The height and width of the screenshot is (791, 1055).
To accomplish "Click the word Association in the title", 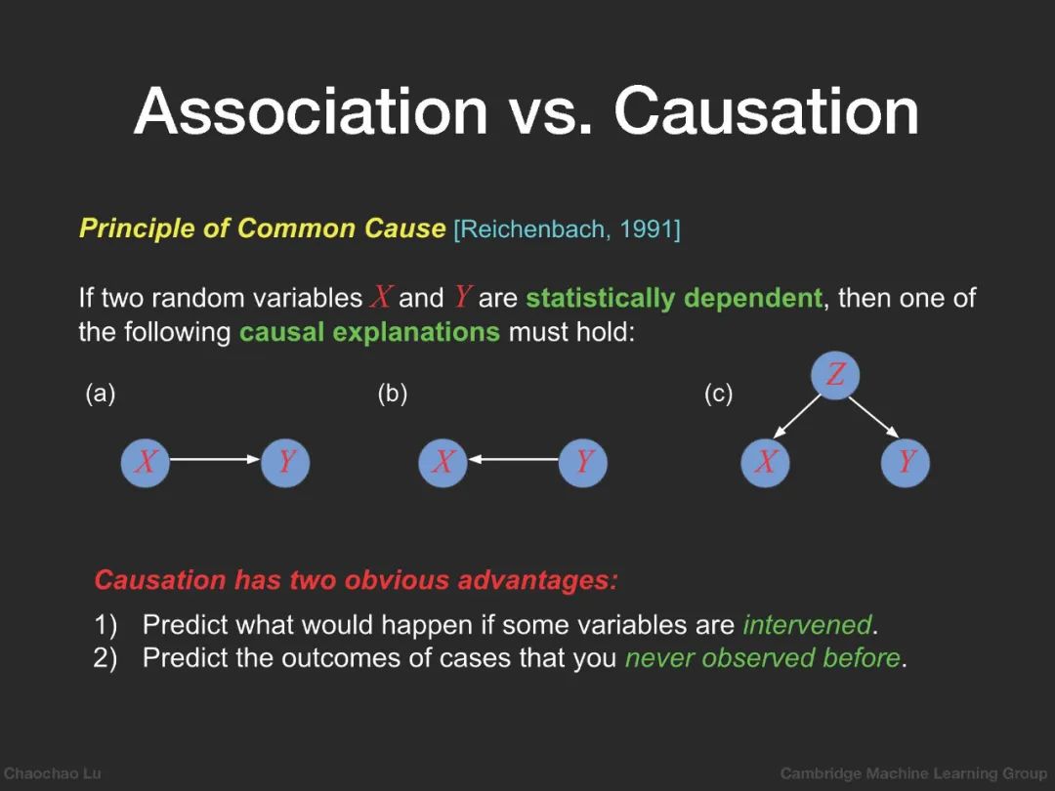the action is pyautogui.click(x=312, y=111).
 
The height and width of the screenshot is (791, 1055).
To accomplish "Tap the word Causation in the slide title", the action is pyautogui.click(x=767, y=111).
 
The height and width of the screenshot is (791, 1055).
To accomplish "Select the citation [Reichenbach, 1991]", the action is pyautogui.click(x=568, y=229).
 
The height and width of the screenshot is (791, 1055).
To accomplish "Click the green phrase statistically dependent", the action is pyautogui.click(x=673, y=298).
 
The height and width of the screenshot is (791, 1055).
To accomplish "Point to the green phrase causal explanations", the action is pyautogui.click(x=369, y=332).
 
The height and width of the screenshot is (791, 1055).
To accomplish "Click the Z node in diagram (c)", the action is pyautogui.click(x=835, y=375).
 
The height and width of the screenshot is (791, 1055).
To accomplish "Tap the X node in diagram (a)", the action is pyautogui.click(x=146, y=462).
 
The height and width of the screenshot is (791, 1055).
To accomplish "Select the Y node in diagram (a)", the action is pyautogui.click(x=285, y=462).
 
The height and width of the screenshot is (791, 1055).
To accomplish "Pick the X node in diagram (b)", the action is pyautogui.click(x=443, y=462).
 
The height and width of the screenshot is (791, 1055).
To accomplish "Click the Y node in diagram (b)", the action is pyautogui.click(x=582, y=462).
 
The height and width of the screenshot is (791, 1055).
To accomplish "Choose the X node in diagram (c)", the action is pyautogui.click(x=765, y=462).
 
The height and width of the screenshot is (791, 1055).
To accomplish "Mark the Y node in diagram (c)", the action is pyautogui.click(x=905, y=462).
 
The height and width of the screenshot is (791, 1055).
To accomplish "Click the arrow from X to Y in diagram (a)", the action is pyautogui.click(x=215, y=459).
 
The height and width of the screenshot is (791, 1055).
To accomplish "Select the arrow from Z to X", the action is pyautogui.click(x=797, y=416).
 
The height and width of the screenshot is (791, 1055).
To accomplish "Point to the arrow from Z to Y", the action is pyautogui.click(x=873, y=417).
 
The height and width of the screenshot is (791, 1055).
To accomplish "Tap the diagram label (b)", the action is pyautogui.click(x=393, y=394).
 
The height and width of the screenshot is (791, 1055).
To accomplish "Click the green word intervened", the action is pyautogui.click(x=807, y=625).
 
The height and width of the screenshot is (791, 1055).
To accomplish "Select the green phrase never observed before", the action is pyautogui.click(x=762, y=658).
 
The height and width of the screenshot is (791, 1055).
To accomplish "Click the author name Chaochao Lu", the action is pyautogui.click(x=53, y=773).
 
